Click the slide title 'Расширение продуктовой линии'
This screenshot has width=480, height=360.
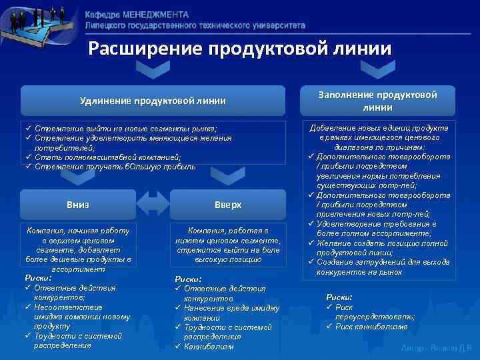241,49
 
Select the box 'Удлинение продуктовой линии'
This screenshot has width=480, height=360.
153,101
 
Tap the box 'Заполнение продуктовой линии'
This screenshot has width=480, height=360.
377,101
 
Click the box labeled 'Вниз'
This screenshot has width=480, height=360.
78,204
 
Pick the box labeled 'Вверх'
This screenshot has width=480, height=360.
228,204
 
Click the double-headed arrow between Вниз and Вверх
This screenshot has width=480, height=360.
153,203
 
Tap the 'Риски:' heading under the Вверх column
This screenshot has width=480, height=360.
188,279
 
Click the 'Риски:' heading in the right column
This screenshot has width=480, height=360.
339,297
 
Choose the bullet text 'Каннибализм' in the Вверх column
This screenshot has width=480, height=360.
208,347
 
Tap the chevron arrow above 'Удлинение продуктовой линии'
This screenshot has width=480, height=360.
153,70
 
